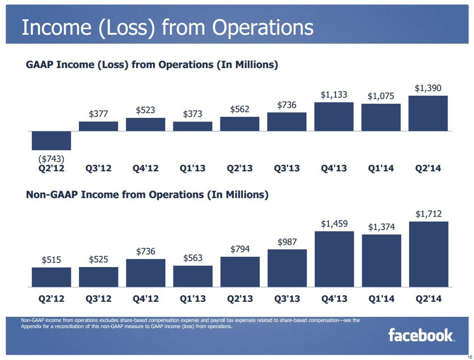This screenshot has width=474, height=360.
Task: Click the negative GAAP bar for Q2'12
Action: pos(51,140)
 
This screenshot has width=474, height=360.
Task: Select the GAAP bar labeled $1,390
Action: pos(428,113)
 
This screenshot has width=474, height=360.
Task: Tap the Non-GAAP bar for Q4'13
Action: pos(334,259)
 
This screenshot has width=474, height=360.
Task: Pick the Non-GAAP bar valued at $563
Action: pos(193,276)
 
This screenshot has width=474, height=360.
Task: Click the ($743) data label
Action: pos(51,158)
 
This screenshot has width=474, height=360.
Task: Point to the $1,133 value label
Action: pos(334,95)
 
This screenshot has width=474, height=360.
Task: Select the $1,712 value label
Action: pos(428,214)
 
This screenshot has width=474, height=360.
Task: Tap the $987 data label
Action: pos(287,242)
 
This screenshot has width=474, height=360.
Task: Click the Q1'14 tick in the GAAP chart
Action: pos(381,168)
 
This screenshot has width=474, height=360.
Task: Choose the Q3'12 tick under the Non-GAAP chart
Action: pos(99,299)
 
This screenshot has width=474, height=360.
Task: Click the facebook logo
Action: pos(420,335)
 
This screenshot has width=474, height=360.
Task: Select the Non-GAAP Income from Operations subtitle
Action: pos(147,194)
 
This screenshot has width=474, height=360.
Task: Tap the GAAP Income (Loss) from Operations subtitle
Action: pos(152,65)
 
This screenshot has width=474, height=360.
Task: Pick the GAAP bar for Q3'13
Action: pos(287,122)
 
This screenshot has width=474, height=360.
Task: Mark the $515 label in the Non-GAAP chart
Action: pos(51,260)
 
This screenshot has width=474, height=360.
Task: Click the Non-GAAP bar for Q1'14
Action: pos(381,260)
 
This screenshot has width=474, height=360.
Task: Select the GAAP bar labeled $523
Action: pos(146,124)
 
